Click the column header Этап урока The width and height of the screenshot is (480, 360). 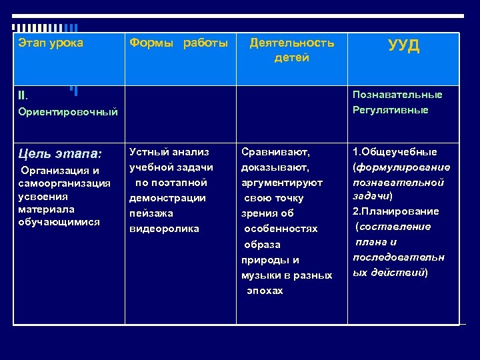51,43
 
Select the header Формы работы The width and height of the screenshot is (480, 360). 178,43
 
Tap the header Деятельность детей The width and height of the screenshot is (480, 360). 291,50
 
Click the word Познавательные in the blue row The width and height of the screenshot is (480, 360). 397,95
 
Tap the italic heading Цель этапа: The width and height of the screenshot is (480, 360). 60,154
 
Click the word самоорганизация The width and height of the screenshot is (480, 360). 65,183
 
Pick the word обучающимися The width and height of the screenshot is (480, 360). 59,222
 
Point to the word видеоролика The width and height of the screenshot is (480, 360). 164,229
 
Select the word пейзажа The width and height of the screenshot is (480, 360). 151,213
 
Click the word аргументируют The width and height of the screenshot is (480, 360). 282,183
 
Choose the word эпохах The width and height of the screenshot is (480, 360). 265,291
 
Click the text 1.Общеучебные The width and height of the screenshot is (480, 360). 395,152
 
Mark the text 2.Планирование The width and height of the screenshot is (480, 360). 395,211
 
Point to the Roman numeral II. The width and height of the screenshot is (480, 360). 23,95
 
